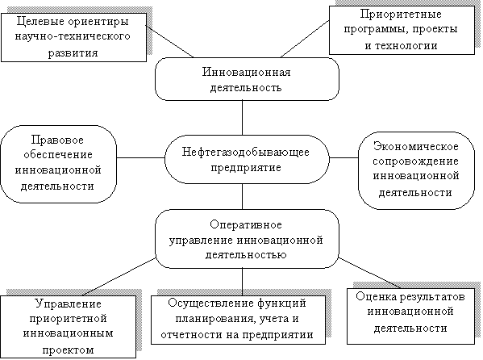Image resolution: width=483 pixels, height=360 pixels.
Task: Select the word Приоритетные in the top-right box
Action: tap(401, 15)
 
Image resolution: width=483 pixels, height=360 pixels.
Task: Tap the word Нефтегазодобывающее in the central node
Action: tap(245, 153)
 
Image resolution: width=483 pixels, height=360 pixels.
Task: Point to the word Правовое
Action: tap(57, 140)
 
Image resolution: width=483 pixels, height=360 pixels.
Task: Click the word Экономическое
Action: tap(416, 146)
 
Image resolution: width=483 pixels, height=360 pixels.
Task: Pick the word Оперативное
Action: tap(246, 225)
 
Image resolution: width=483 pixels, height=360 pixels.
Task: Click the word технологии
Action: tap(406, 46)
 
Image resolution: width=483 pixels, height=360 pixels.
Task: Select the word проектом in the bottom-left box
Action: tap(68, 350)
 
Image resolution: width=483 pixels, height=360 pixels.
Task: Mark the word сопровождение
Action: tap(416, 161)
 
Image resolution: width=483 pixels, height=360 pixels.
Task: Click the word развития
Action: tap(73, 52)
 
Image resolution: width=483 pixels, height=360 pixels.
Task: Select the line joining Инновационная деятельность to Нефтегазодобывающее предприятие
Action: tap(242, 118)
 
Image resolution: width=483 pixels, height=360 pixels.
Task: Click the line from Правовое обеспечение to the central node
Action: tap(141, 157)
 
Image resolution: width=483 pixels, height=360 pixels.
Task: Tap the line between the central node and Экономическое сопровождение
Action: tap(344, 157)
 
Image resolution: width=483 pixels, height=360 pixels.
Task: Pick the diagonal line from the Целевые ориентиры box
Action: tap(169, 42)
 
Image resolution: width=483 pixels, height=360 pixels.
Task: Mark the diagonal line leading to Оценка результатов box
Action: tap(369, 273)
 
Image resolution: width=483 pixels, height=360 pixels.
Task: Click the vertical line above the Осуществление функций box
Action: tap(242, 282)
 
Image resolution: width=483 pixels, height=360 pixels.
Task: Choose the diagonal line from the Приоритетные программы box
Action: tap(305, 39)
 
